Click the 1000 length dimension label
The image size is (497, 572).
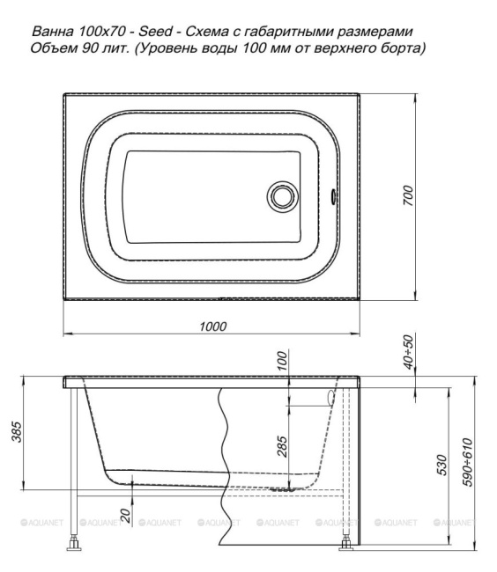(x=213, y=326)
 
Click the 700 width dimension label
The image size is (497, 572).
(x=409, y=195)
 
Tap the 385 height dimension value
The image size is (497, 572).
(x=17, y=432)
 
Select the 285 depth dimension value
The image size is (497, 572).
(x=282, y=446)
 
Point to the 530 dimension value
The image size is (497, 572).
(x=441, y=465)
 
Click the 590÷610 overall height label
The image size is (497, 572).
(x=467, y=462)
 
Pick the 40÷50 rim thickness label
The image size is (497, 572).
(x=409, y=352)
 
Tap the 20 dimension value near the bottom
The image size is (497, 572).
(x=125, y=517)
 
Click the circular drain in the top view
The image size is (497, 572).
(x=282, y=196)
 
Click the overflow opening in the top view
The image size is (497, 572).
(x=333, y=195)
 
